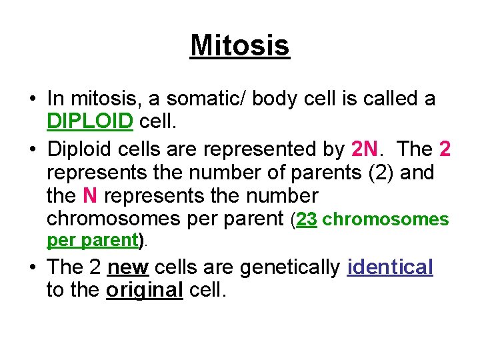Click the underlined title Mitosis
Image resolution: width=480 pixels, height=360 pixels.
(x=240, y=46)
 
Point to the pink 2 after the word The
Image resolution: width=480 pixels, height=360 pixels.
(x=445, y=149)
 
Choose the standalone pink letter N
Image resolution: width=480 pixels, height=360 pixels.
(x=90, y=196)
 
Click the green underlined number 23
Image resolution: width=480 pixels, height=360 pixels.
(x=307, y=219)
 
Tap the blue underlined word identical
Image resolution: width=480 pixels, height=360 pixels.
(x=390, y=267)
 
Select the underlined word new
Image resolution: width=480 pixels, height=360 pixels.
(x=127, y=267)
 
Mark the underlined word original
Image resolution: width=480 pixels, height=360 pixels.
(x=144, y=291)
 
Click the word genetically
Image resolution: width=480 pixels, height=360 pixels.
(x=290, y=267)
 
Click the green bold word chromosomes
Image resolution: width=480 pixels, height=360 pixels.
(x=386, y=219)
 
